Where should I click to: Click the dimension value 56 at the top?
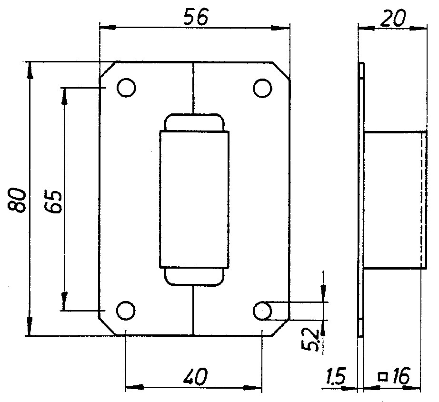(x=196, y=18)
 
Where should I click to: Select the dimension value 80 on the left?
(x=17, y=201)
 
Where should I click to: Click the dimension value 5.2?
(x=310, y=340)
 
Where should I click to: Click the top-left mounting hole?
(x=126, y=88)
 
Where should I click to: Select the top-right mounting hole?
(x=262, y=88)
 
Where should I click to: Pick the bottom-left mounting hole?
(x=126, y=311)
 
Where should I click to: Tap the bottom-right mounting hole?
(x=262, y=311)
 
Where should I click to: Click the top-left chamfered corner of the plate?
(x=108, y=70)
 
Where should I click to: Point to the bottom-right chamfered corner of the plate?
(x=280, y=327)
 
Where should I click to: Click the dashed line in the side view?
(x=421, y=200)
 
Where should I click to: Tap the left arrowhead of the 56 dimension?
(x=108, y=28)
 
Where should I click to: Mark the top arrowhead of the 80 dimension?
(x=30, y=70)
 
